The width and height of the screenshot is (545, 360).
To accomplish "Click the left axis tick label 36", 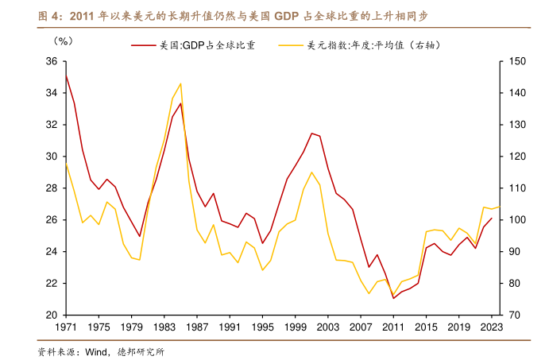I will [51, 61].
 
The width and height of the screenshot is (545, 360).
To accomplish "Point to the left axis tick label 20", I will [51, 315].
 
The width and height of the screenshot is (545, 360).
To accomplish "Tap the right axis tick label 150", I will [516, 61].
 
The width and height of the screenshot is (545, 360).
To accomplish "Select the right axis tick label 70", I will [513, 315].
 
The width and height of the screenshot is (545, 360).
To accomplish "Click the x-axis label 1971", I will [66, 327].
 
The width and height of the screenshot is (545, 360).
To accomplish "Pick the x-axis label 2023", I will [491, 327].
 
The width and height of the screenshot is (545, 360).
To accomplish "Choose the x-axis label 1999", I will [295, 327].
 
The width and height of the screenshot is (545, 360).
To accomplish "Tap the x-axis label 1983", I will [164, 327].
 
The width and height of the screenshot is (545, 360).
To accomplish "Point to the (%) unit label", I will [63, 41].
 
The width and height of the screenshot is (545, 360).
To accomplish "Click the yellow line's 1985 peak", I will [181, 83].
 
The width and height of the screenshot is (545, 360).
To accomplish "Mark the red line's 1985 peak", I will [181, 103].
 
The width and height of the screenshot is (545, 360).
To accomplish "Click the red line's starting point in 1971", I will [67, 76].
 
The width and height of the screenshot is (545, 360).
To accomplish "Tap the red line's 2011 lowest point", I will [393, 298].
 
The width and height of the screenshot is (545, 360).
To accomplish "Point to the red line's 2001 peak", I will [311, 133].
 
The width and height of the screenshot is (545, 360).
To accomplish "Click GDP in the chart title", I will [289, 15].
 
